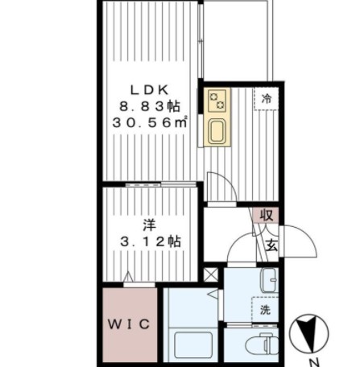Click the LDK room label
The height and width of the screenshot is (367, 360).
tap(150, 90)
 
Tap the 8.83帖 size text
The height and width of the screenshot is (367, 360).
tap(150, 106)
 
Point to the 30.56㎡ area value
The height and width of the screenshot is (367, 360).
tap(150, 122)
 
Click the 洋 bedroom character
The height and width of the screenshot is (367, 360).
tap(150, 225)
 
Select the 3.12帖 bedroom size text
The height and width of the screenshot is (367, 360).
tap(151, 241)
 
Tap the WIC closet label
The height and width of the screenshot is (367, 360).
tap(129, 324)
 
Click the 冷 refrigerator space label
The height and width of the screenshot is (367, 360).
tap(267, 99)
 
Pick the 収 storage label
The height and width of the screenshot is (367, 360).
tap(267, 215)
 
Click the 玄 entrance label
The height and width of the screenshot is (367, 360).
tap(271, 245)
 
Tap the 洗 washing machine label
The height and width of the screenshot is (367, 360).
tap(265, 310)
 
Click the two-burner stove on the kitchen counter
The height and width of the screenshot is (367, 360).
tap(217, 101)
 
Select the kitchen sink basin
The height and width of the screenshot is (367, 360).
tap(217, 131)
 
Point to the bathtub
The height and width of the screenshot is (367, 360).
tap(193, 344)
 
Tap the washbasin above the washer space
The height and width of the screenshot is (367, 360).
tap(269, 280)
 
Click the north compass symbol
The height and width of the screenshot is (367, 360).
tap(308, 333)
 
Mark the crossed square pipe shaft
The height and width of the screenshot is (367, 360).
tap(211, 274)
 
